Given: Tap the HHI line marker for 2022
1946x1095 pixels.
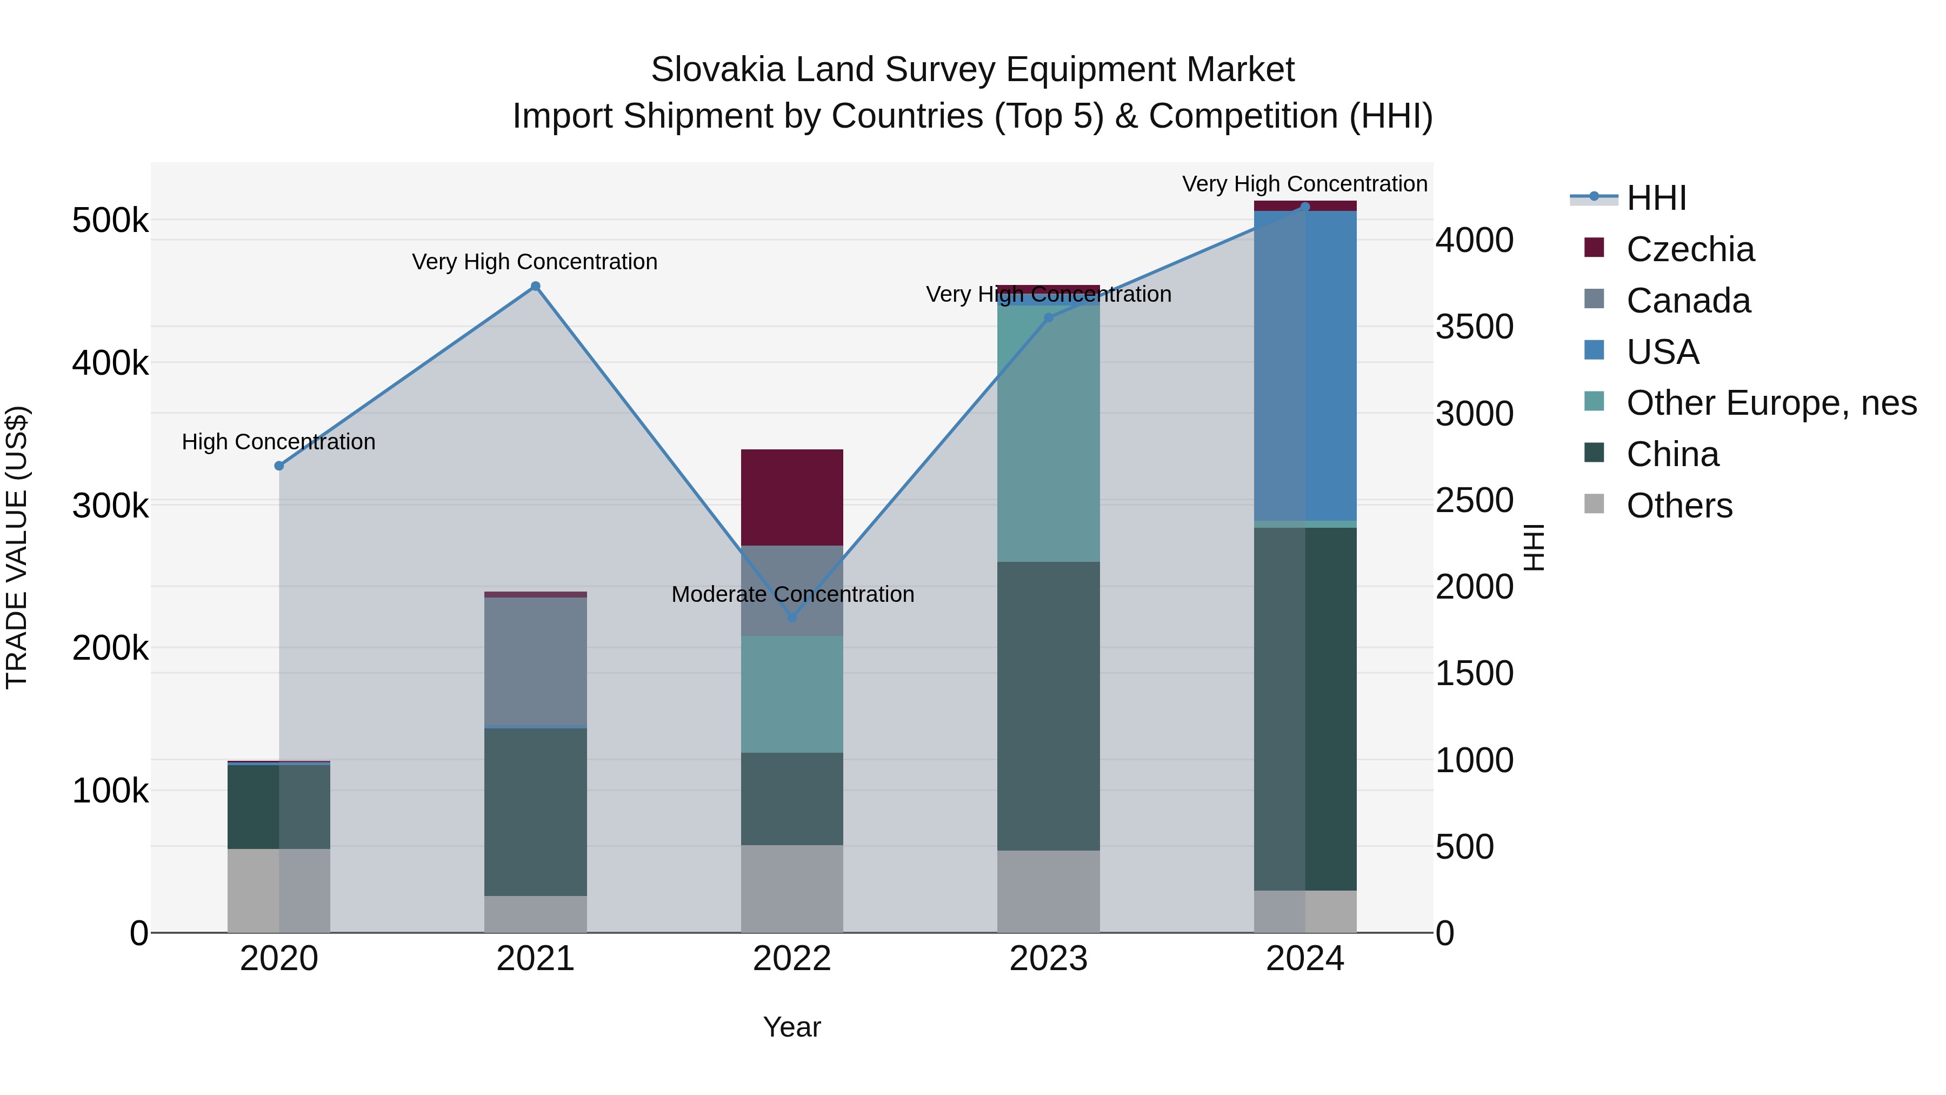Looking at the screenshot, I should click(792, 618).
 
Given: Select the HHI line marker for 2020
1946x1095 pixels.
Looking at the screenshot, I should click(279, 466).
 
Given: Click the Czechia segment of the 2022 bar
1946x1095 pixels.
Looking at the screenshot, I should click(792, 497).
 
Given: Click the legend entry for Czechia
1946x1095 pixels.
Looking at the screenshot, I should click(1690, 249).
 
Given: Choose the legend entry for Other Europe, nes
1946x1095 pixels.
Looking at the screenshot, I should click(1771, 403).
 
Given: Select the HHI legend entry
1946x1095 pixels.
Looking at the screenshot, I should click(1656, 198).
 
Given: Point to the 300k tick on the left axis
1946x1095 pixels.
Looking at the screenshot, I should click(110, 506).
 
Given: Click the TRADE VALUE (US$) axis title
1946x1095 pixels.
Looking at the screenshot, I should click(17, 547).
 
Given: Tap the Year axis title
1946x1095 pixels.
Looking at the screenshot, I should click(792, 1027).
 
